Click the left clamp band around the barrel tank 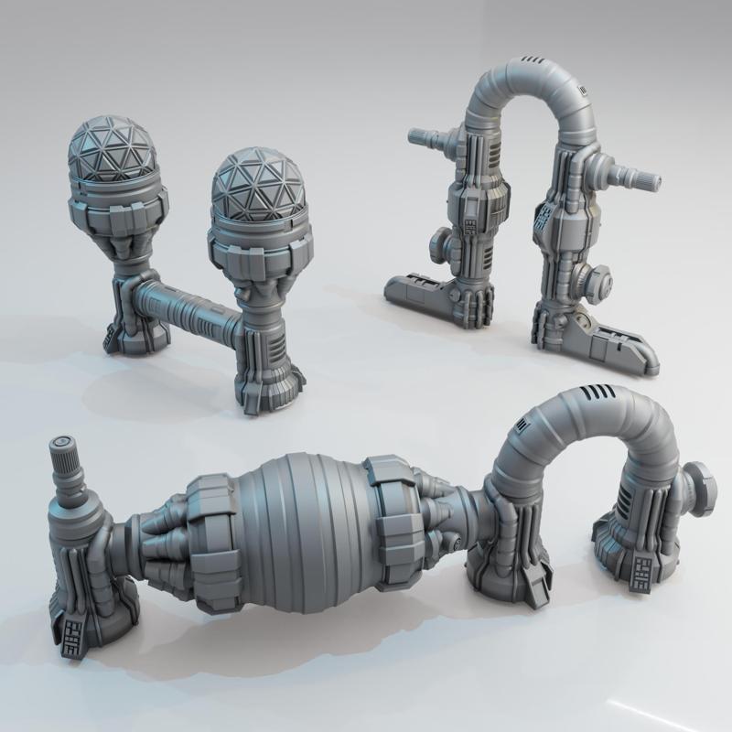pyautogui.click(x=212, y=527)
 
